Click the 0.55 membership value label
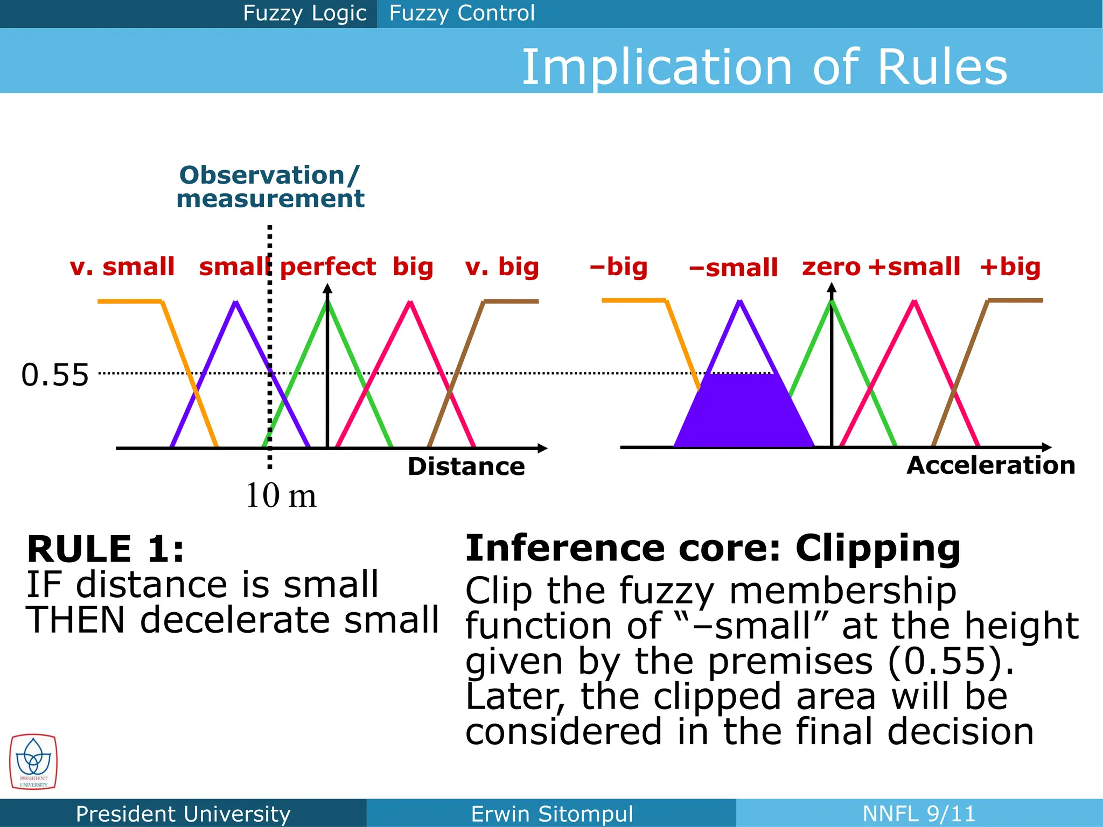pos(55,375)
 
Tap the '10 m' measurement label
pos(281,495)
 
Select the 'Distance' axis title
pos(466,466)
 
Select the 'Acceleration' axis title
pos(990,465)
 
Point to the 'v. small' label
pos(122,267)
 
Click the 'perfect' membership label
pos(328,267)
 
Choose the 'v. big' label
pos(502,267)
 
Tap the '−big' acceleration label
pos(618,267)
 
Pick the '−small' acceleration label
pos(733,268)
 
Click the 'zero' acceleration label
pos(831,267)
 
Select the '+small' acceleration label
pos(914,267)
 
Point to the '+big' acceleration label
pos(1010,267)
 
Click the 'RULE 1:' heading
pos(106,549)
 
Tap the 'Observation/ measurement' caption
pos(270,187)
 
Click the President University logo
pos(33,762)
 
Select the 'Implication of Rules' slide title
pos(764,67)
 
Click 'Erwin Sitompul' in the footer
pos(551,814)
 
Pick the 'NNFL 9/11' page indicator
pos(919,814)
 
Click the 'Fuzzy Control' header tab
pos(462,13)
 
